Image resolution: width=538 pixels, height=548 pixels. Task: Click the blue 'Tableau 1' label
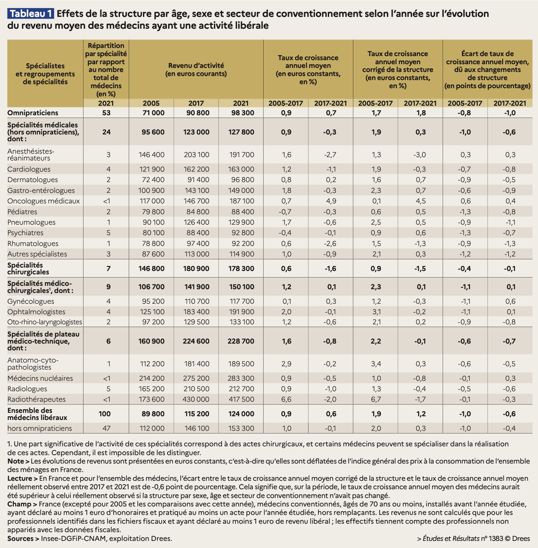pos(30,14)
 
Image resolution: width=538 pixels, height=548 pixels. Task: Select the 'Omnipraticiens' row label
pos(33,113)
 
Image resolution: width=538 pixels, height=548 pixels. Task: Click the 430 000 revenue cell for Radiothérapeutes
pos(196,399)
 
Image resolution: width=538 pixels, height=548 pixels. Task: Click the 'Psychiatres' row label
pos(25,233)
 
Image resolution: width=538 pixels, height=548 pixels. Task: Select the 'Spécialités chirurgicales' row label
pos(28,269)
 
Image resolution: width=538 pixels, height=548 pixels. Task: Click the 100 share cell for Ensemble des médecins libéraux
pos(105,414)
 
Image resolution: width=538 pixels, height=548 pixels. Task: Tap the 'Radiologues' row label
pos(27,389)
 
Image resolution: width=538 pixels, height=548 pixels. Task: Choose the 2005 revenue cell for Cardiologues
pos(151,169)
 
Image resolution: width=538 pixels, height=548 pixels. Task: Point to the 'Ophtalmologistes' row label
pos(36,312)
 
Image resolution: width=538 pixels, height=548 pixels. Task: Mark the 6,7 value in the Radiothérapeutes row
pos(376,399)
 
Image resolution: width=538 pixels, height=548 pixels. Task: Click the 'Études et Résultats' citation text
pos(451,539)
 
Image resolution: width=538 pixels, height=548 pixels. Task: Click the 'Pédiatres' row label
pos(22,212)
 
